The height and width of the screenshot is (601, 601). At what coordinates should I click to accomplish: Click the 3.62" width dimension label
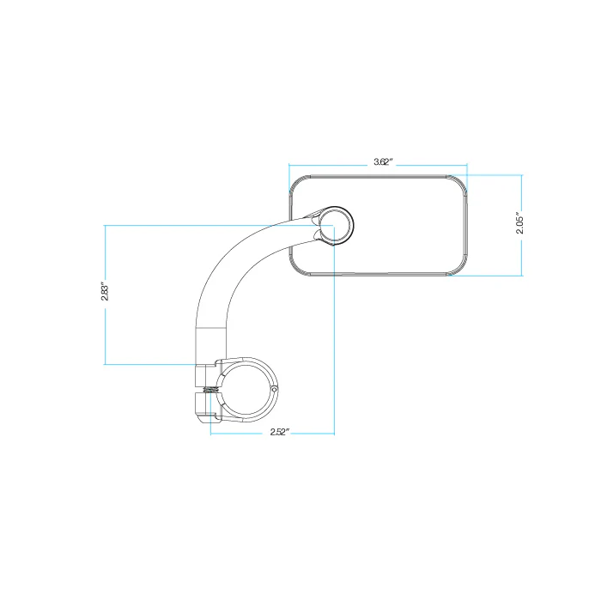(x=383, y=161)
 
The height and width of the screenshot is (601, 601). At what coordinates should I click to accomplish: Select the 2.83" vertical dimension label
(x=105, y=293)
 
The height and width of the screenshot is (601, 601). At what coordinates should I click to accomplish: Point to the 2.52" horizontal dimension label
(x=272, y=433)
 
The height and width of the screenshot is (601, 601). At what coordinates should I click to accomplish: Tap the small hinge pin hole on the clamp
(x=274, y=391)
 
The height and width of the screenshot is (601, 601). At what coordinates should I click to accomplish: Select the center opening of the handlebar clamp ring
(x=246, y=392)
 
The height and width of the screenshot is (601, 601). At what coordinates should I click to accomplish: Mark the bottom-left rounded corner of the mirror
(x=297, y=268)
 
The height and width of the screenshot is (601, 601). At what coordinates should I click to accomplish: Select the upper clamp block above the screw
(x=206, y=374)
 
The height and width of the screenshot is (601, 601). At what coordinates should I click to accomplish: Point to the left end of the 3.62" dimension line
(x=289, y=166)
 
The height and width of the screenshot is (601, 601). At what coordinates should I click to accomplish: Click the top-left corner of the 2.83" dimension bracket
(x=105, y=226)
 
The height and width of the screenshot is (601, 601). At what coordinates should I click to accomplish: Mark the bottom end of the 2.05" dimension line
(x=522, y=276)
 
